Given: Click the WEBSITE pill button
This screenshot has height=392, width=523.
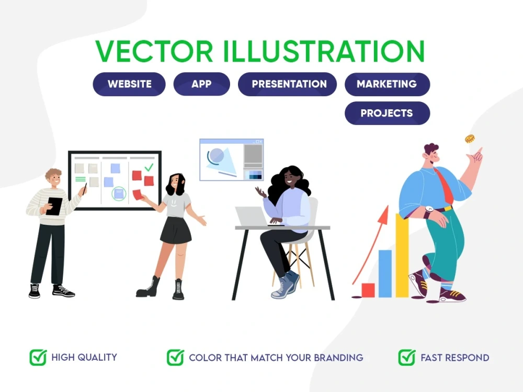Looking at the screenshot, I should [x=129, y=84].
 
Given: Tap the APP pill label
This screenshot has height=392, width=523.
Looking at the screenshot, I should [x=201, y=84].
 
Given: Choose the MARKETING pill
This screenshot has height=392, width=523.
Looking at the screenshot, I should [x=387, y=84].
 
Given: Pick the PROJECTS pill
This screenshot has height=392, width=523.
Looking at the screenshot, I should [x=387, y=113].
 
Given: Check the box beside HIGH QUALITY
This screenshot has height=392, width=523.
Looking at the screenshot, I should [x=38, y=358].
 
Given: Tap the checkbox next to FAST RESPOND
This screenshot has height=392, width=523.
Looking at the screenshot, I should [x=406, y=358].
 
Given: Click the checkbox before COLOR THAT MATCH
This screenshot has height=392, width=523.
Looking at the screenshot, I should [x=175, y=358].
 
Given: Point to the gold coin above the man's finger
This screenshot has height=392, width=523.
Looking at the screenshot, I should [x=470, y=139].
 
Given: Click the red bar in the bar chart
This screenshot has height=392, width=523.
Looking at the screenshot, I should [x=368, y=290].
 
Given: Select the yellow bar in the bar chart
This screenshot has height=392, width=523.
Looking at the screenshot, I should [x=402, y=256].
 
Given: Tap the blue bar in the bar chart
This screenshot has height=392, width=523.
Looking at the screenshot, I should [x=385, y=273].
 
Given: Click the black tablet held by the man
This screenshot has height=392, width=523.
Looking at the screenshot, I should [x=53, y=206].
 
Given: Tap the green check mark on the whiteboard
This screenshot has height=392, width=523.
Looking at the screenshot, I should [x=149, y=167].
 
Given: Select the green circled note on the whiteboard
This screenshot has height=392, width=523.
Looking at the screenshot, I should [x=119, y=194].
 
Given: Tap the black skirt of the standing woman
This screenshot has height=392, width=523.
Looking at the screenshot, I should [x=176, y=230].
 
